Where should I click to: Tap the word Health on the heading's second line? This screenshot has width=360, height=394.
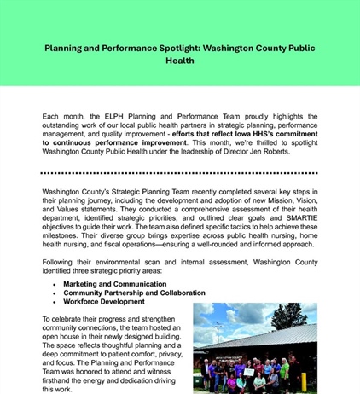click(x=180, y=61)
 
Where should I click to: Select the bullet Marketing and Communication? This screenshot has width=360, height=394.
click(x=114, y=283)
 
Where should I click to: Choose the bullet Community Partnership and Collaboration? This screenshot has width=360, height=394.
click(x=136, y=293)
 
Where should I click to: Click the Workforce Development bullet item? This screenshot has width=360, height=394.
click(x=103, y=301)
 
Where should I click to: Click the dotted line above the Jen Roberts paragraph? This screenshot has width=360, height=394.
click(x=180, y=100)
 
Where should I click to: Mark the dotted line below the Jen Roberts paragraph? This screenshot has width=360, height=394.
click(x=180, y=172)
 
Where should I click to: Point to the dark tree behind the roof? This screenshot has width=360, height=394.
click(x=290, y=316)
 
